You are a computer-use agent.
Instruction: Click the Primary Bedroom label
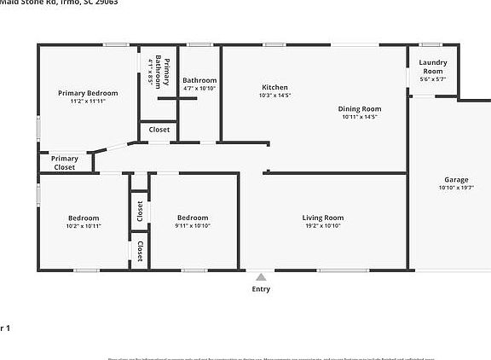pyautogui.click(x=88, y=92)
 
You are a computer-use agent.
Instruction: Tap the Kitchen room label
pyautogui.click(x=274, y=87)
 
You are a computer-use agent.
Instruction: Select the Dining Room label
pyautogui.click(x=360, y=108)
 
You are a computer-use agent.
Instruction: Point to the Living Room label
pyautogui.click(x=323, y=218)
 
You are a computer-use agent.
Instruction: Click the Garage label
pyautogui.click(x=456, y=179)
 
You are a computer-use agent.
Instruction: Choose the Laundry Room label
pyautogui.click(x=433, y=67)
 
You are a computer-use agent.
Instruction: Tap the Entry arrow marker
pyautogui.click(x=261, y=277)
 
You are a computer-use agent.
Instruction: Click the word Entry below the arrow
pyautogui.click(x=261, y=289)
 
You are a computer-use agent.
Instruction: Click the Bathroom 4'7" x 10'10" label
pyautogui.click(x=199, y=80)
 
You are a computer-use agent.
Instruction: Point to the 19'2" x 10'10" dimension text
pyautogui.click(x=323, y=226)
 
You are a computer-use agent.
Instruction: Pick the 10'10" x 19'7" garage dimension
pyautogui.click(x=456, y=188)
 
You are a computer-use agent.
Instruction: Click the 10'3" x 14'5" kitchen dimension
pyautogui.click(x=274, y=96)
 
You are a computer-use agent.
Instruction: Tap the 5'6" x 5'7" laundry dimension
pyautogui.click(x=433, y=79)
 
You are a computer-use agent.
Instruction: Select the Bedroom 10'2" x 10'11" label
pyautogui.click(x=84, y=218)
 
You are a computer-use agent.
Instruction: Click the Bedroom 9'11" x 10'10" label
pyautogui.click(x=194, y=218)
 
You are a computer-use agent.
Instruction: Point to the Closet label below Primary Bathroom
pyautogui.click(x=159, y=130)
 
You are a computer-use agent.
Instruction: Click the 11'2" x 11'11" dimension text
pyautogui.click(x=88, y=101)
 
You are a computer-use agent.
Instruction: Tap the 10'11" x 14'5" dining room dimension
pyautogui.click(x=360, y=117)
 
